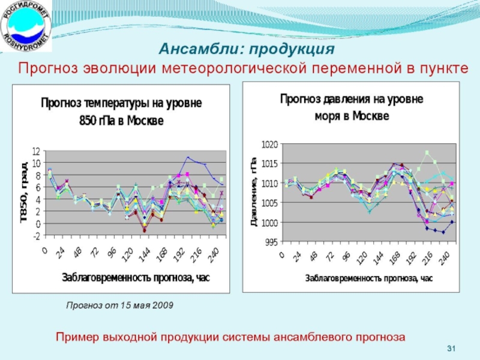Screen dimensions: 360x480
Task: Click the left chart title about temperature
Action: coord(121,111)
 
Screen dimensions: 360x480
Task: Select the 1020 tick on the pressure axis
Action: coord(270,145)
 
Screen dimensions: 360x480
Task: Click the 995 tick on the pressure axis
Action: coord(271,242)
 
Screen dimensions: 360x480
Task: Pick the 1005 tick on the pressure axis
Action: coord(270,203)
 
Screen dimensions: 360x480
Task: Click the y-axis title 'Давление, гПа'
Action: coord(254,191)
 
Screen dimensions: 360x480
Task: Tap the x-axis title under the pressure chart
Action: coord(368,278)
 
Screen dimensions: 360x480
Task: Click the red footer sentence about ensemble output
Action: coord(230,337)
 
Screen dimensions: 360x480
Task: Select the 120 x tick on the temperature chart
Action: coord(125,256)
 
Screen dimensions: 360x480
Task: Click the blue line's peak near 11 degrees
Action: coord(187,157)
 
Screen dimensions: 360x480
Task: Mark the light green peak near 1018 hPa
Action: coord(427,152)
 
